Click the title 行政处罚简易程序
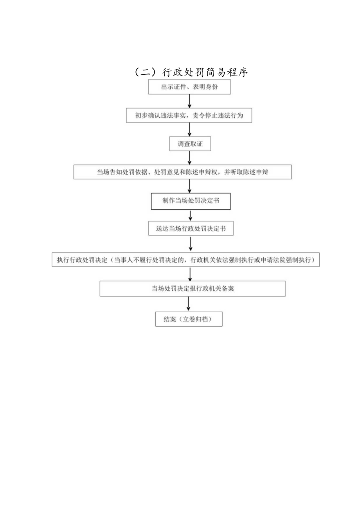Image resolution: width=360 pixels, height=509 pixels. point(191,72)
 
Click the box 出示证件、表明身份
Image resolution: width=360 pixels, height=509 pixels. point(189,87)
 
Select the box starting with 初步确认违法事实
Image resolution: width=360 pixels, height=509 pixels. point(189,115)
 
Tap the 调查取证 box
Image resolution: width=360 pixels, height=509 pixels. point(190,144)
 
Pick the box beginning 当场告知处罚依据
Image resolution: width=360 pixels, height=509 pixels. point(182,172)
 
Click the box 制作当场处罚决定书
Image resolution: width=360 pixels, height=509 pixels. point(191,201)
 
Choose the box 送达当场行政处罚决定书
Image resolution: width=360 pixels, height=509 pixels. point(191,229)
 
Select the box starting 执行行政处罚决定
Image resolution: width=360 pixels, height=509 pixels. point(185,260)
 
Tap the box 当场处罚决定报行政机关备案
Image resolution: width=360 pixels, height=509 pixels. point(193,289)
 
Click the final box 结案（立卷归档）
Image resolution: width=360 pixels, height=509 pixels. point(189,319)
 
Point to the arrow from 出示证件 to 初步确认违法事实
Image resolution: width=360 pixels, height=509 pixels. point(190,101)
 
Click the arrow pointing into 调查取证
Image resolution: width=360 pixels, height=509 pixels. point(190,129)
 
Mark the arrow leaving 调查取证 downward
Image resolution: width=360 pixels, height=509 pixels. point(190,157)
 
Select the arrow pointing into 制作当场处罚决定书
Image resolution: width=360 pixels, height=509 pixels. point(190,186)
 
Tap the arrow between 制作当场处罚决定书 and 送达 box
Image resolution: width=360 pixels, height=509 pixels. point(190,215)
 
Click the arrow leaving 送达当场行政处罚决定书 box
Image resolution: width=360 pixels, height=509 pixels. point(191,244)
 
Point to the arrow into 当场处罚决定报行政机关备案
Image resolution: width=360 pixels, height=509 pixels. point(190,274)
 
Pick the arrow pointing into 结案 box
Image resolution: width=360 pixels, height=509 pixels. point(189,304)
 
